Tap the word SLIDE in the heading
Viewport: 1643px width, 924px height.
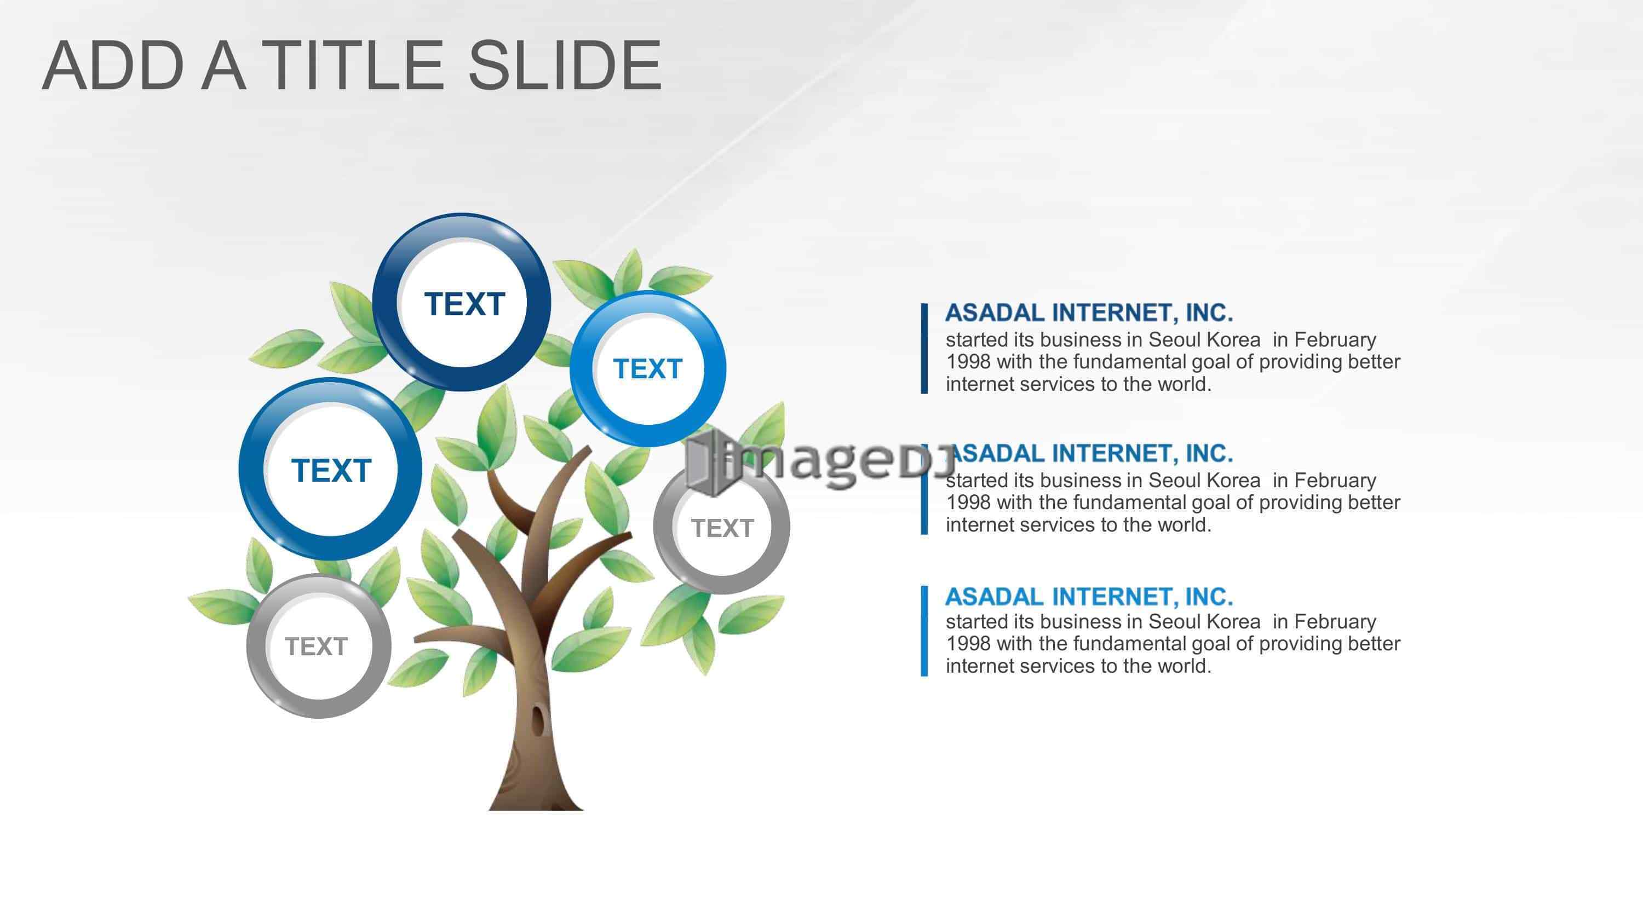tap(565, 65)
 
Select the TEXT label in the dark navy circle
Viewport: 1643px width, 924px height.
tap(464, 304)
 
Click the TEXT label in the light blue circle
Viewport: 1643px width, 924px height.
tap(647, 368)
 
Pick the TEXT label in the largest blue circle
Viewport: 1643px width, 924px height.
tap(331, 471)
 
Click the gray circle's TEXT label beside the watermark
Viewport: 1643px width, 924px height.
tap(722, 528)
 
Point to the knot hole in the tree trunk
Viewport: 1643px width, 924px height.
tap(539, 720)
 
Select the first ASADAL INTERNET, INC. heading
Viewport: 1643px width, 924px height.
tap(1089, 313)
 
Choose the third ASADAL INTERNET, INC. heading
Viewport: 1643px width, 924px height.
tap(1089, 596)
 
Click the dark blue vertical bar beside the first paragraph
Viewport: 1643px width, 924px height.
tap(924, 348)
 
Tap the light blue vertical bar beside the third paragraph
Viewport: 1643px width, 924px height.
tap(924, 630)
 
